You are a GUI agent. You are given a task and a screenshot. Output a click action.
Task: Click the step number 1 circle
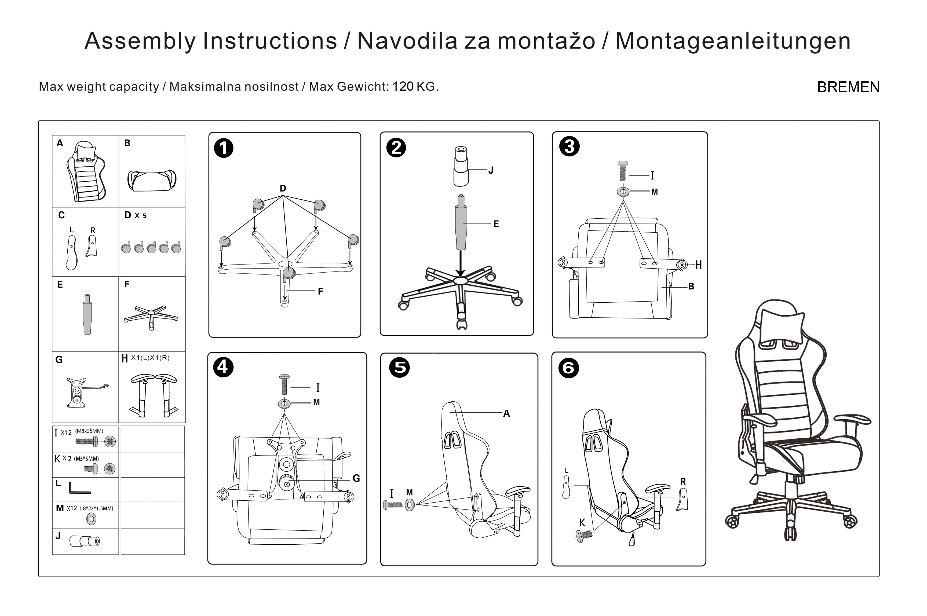(x=224, y=149)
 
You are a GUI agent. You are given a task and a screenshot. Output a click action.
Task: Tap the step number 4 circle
(x=223, y=367)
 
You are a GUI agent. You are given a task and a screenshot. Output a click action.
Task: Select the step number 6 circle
(x=568, y=368)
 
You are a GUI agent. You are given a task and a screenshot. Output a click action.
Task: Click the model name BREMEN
(x=848, y=87)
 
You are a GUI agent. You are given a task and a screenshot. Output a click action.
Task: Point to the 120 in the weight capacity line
(x=403, y=86)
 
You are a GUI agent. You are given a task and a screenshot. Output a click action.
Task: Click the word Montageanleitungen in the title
(x=733, y=41)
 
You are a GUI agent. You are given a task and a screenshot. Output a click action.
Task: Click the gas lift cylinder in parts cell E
(x=87, y=314)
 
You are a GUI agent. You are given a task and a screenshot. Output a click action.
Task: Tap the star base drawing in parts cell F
(x=151, y=317)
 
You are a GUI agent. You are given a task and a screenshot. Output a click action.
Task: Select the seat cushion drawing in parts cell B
(x=152, y=180)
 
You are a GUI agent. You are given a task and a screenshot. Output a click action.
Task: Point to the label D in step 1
(x=283, y=188)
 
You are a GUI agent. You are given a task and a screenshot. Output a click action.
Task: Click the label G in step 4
(x=356, y=478)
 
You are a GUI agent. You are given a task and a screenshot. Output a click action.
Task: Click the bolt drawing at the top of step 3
(x=623, y=171)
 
